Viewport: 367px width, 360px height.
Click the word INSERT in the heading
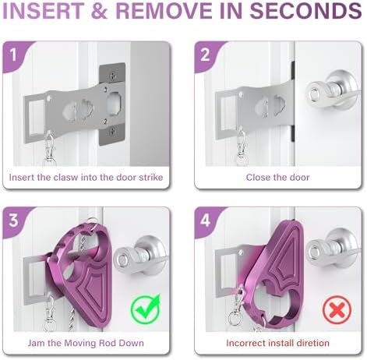point(51,13)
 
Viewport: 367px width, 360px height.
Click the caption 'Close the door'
point(277,178)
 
